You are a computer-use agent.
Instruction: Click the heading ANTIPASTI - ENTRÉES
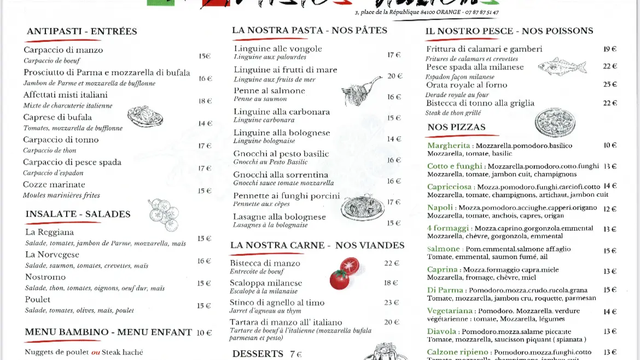82,31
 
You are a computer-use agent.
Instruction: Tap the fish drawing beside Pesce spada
562,67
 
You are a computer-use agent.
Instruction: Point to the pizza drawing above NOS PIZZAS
555,122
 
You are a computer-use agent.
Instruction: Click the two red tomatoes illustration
345,273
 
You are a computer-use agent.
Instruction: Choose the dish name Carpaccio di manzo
63,50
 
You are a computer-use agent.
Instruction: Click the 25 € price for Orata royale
610,84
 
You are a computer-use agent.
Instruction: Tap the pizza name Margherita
449,146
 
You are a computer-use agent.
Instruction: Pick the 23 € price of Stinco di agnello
392,303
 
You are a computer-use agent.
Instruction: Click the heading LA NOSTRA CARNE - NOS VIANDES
317,245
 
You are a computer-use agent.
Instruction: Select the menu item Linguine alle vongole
278,49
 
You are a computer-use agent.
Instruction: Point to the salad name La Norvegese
52,254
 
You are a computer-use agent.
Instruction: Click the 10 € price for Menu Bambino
204,332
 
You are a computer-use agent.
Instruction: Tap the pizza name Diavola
441,332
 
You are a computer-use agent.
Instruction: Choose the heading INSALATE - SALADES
78,214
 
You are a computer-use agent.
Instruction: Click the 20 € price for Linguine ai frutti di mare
395,76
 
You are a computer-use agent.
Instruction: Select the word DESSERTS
258,353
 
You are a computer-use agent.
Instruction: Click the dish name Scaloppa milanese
266,283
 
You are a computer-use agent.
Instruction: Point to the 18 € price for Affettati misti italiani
205,101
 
